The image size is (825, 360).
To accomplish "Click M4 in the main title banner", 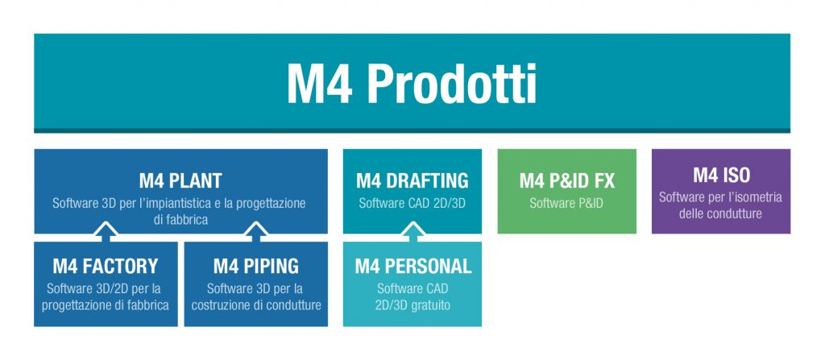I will [x=318, y=84].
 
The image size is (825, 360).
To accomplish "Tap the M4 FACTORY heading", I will [x=106, y=266].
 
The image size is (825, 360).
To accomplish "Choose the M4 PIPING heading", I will [x=255, y=266].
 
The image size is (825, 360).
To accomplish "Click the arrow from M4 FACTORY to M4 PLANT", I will [x=106, y=233].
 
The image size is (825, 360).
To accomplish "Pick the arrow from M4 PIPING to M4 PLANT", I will [x=255, y=233].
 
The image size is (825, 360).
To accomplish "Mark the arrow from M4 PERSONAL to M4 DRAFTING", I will [x=412, y=233].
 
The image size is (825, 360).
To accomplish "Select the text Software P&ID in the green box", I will [x=566, y=204].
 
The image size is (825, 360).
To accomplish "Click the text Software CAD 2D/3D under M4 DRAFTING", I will [x=412, y=204].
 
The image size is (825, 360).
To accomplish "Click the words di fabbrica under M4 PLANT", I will [x=180, y=219].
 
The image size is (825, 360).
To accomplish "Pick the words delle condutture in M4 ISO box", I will [x=721, y=214].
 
